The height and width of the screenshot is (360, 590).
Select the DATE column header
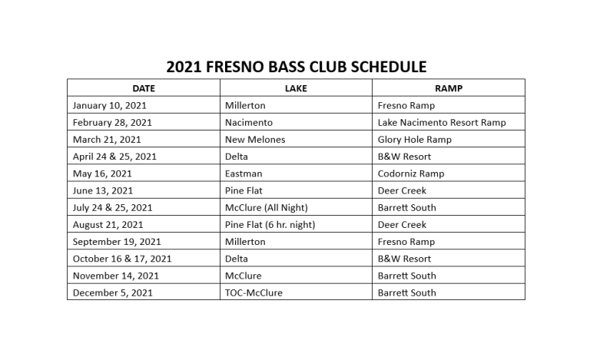(x=144, y=88)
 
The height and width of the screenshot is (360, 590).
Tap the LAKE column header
(x=296, y=88)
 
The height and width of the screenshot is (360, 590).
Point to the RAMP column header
(x=449, y=88)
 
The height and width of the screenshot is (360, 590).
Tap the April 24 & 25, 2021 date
(x=114, y=157)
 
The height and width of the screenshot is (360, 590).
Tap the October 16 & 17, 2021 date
(x=122, y=259)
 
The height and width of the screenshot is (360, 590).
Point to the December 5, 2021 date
(x=112, y=293)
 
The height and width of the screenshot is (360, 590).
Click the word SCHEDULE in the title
(x=388, y=67)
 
